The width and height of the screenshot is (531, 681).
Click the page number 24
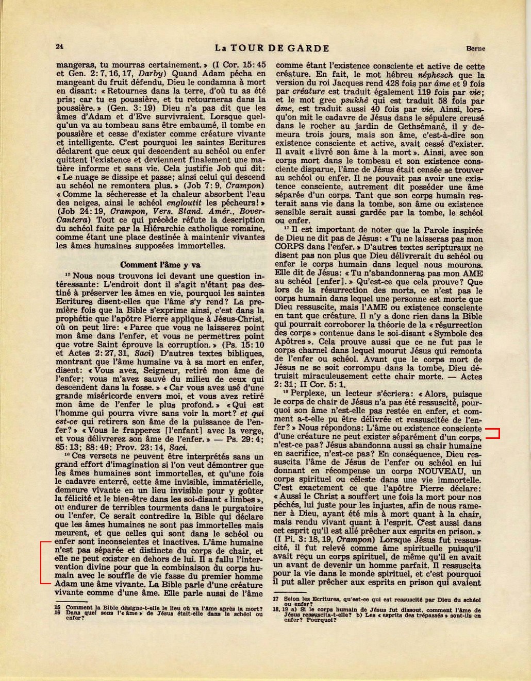point(59,46)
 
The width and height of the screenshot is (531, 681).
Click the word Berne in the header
point(475,49)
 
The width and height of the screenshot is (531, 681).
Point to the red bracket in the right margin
point(494,433)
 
